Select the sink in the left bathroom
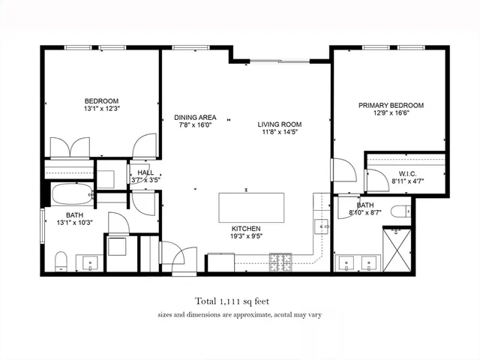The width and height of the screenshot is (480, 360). (x=91, y=263)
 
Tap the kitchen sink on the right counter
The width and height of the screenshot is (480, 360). (x=324, y=226)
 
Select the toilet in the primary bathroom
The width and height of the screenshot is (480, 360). (x=400, y=211)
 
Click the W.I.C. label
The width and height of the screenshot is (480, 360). (x=407, y=174)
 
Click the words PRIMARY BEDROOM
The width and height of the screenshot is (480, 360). (x=391, y=106)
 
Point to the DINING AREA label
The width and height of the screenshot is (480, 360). (x=195, y=118)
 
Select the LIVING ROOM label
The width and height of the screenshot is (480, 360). (x=279, y=124)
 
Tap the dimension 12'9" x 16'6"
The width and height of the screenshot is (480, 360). (x=391, y=114)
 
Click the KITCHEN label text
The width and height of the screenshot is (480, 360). (x=246, y=228)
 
